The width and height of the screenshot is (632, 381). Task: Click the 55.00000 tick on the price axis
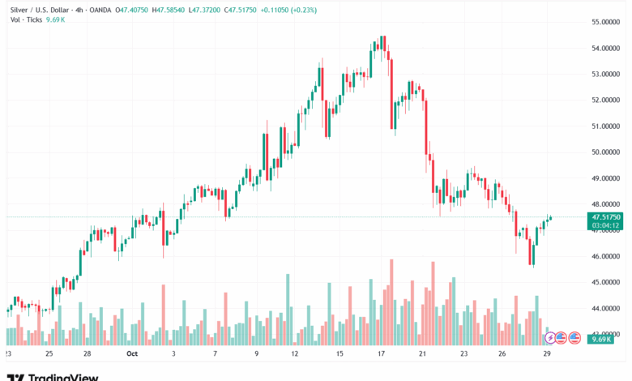pyautogui.click(x=607, y=22)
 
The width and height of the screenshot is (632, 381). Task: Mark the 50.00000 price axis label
pyautogui.click(x=607, y=152)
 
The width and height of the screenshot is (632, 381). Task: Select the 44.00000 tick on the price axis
pyautogui.click(x=607, y=309)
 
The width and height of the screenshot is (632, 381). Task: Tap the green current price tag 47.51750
pyautogui.click(x=607, y=217)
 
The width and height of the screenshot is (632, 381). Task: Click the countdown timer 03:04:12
pyautogui.click(x=606, y=225)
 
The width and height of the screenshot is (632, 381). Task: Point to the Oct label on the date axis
pyautogui.click(x=133, y=354)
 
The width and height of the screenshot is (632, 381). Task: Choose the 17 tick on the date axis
pyautogui.click(x=381, y=354)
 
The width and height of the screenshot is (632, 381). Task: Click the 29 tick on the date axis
pyautogui.click(x=549, y=354)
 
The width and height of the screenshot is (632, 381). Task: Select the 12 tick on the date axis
pyautogui.click(x=295, y=354)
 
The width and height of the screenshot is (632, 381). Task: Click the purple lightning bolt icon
pyautogui.click(x=550, y=337)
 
